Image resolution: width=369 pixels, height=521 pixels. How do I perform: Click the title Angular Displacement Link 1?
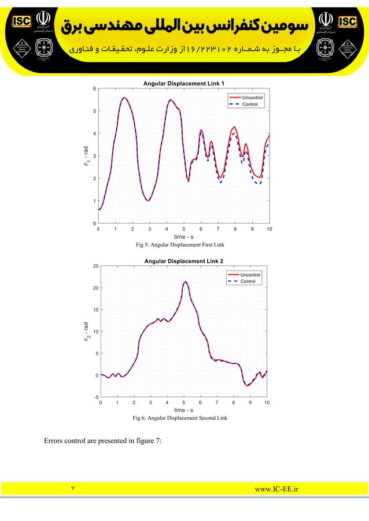[184, 84]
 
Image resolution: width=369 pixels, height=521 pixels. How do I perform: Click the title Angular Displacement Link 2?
[184, 261]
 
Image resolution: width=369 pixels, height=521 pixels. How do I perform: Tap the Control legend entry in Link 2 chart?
[248, 281]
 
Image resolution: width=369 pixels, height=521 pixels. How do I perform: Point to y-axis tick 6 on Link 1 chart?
[94, 88]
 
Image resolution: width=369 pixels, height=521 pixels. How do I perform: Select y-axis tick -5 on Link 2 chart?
[94, 397]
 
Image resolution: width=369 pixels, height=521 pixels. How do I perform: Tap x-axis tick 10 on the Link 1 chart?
[269, 229]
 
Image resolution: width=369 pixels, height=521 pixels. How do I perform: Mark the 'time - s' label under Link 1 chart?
[184, 237]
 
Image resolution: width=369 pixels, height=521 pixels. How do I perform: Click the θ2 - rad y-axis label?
[86, 333]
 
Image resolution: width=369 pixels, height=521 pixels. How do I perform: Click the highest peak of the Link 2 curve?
[185, 282]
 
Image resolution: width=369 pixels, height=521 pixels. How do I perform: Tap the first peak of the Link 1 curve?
[124, 98]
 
